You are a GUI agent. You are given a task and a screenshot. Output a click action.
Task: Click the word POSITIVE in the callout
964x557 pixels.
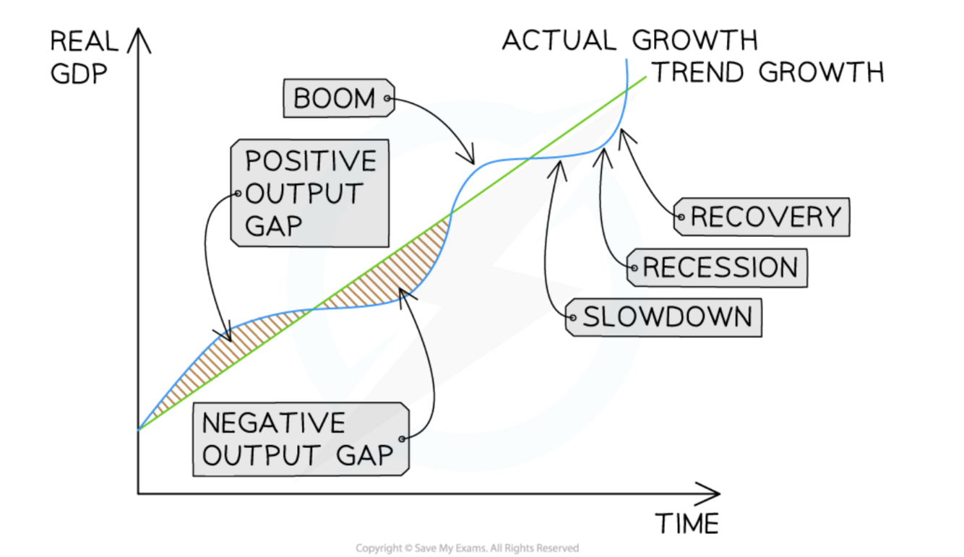coord(311,161)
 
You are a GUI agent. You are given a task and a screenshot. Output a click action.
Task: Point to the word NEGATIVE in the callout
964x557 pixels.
coord(273,423)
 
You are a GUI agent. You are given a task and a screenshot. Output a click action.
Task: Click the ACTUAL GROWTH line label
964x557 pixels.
coord(629,40)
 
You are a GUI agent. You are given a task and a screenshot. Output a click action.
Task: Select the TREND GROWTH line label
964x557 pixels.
coord(768,72)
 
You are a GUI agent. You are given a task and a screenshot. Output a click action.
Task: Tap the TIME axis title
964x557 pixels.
coord(687,522)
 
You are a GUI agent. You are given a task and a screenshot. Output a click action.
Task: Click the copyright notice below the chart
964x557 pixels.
coord(467,548)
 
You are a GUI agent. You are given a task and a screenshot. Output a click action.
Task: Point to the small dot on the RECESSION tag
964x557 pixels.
coord(634,269)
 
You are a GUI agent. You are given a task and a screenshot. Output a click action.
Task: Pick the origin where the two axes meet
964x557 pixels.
coord(138,494)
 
